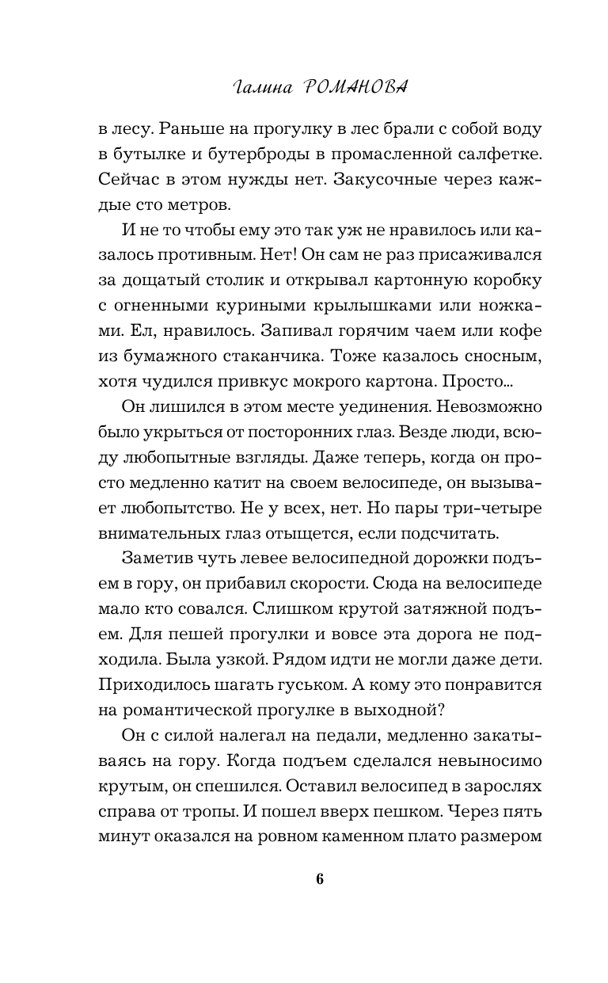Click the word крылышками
click(355, 309)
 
